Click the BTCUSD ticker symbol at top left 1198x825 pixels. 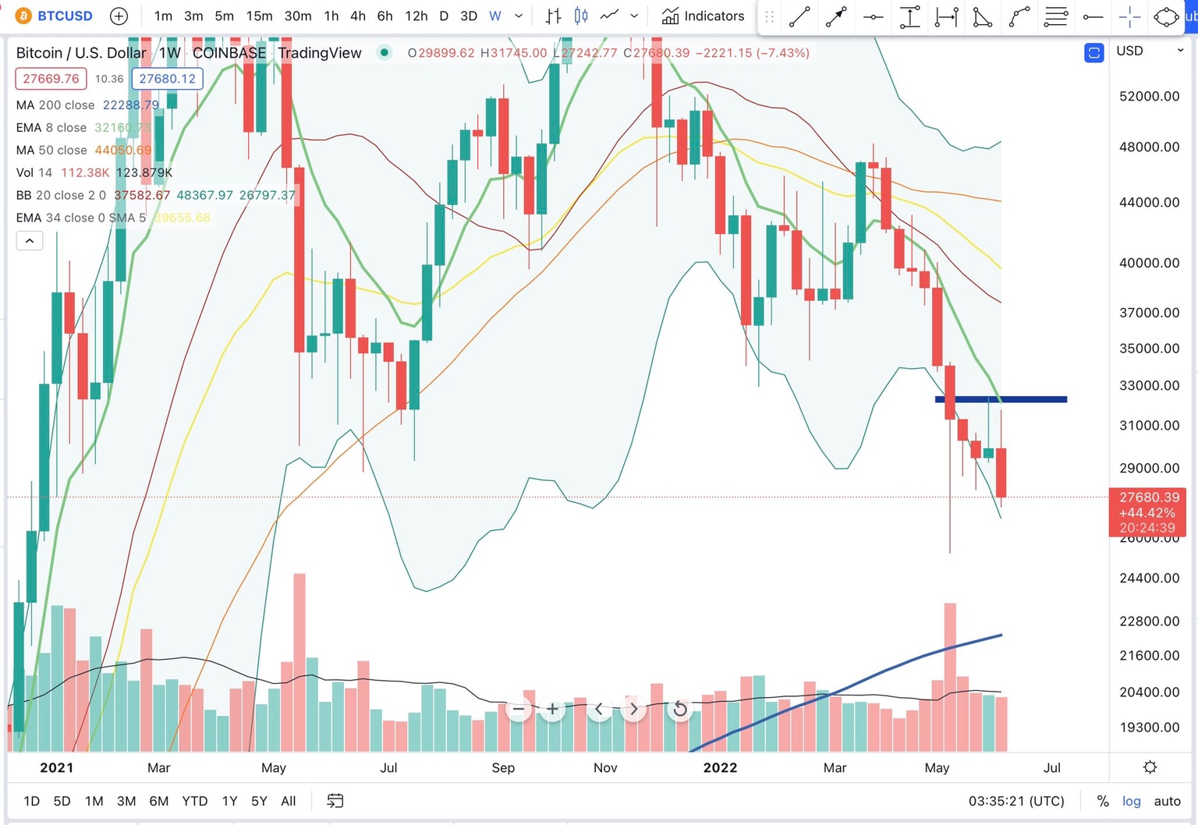[x=65, y=16]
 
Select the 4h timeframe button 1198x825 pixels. [x=358, y=16]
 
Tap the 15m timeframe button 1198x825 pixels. [x=259, y=16]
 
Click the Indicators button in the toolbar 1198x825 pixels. [x=703, y=16]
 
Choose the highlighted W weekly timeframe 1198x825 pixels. [x=494, y=16]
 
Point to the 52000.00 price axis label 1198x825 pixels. [x=1149, y=96]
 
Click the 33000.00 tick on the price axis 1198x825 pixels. [x=1149, y=385]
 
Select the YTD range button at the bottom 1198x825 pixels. [x=194, y=801]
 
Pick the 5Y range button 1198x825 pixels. [x=259, y=801]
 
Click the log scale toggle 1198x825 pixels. [x=1131, y=801]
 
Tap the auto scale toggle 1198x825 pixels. [x=1167, y=801]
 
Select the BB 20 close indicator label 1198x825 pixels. [x=61, y=195]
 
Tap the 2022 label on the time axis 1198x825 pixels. [x=720, y=768]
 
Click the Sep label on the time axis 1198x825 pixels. [x=503, y=768]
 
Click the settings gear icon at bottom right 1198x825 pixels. [x=1150, y=768]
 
